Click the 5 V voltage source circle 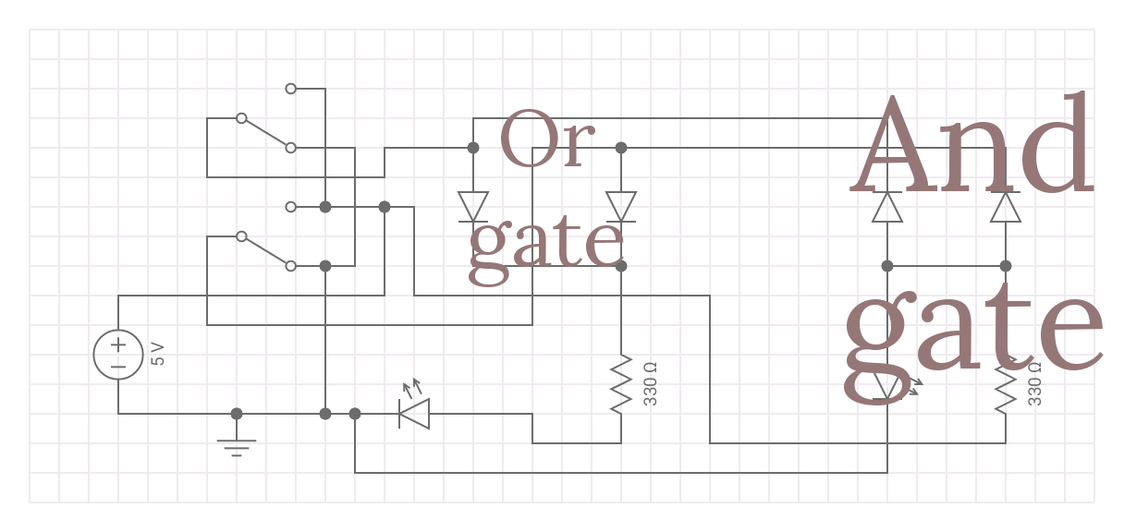pyautogui.click(x=118, y=355)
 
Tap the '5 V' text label pyautogui.click(x=158, y=354)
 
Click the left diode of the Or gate pyautogui.click(x=473, y=207)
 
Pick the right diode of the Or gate pyautogui.click(x=621, y=207)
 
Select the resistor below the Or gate pyautogui.click(x=621, y=383)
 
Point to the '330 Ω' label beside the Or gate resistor pyautogui.click(x=650, y=383)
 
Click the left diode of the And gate pyautogui.click(x=887, y=207)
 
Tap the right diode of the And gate pyautogui.click(x=1006, y=207)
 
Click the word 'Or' pyautogui.click(x=545, y=140)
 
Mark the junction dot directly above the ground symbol pyautogui.click(x=237, y=414)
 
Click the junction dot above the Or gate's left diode pyautogui.click(x=473, y=148)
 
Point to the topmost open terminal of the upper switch pyautogui.click(x=291, y=89)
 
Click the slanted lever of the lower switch pyautogui.click(x=266, y=251)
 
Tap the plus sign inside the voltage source pyautogui.click(x=118, y=345)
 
